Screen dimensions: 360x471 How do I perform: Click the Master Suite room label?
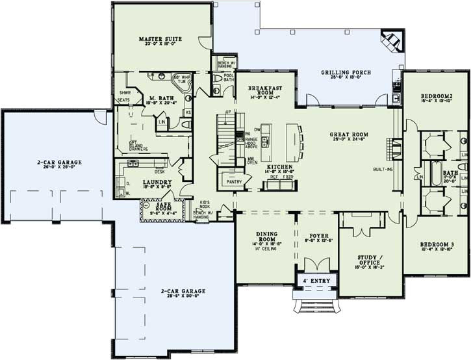(160, 39)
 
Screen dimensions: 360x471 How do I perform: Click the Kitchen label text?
(281, 167)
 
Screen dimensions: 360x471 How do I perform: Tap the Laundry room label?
(157, 182)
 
